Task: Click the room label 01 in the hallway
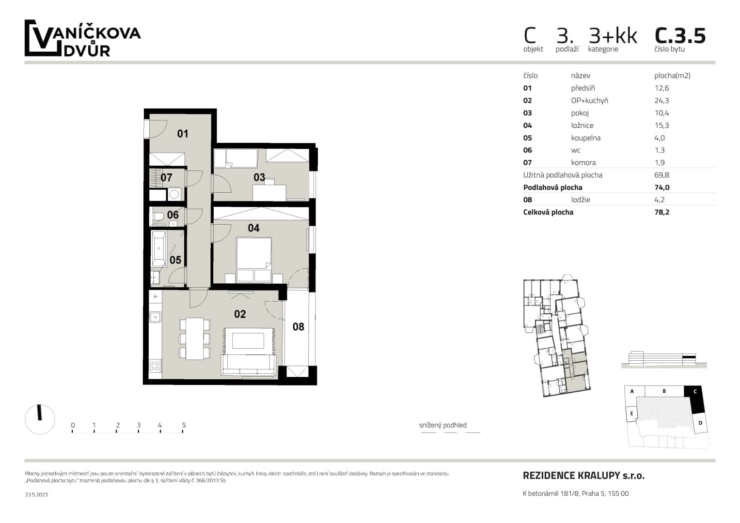click(x=182, y=134)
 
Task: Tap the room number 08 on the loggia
click(x=298, y=327)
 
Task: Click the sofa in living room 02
click(x=248, y=365)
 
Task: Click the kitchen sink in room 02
click(x=155, y=317)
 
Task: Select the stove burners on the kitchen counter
click(x=155, y=366)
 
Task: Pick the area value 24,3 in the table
click(x=661, y=101)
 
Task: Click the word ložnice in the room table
click(x=582, y=125)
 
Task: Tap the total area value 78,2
click(x=661, y=212)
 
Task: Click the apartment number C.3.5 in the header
click(x=680, y=36)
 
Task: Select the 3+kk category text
click(x=613, y=36)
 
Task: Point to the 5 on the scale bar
click(x=184, y=425)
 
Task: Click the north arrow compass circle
click(x=40, y=418)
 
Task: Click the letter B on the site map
click(x=664, y=391)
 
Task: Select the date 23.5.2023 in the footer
click(x=36, y=494)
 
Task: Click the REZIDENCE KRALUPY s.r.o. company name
click(x=583, y=476)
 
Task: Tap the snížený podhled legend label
click(x=442, y=425)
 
